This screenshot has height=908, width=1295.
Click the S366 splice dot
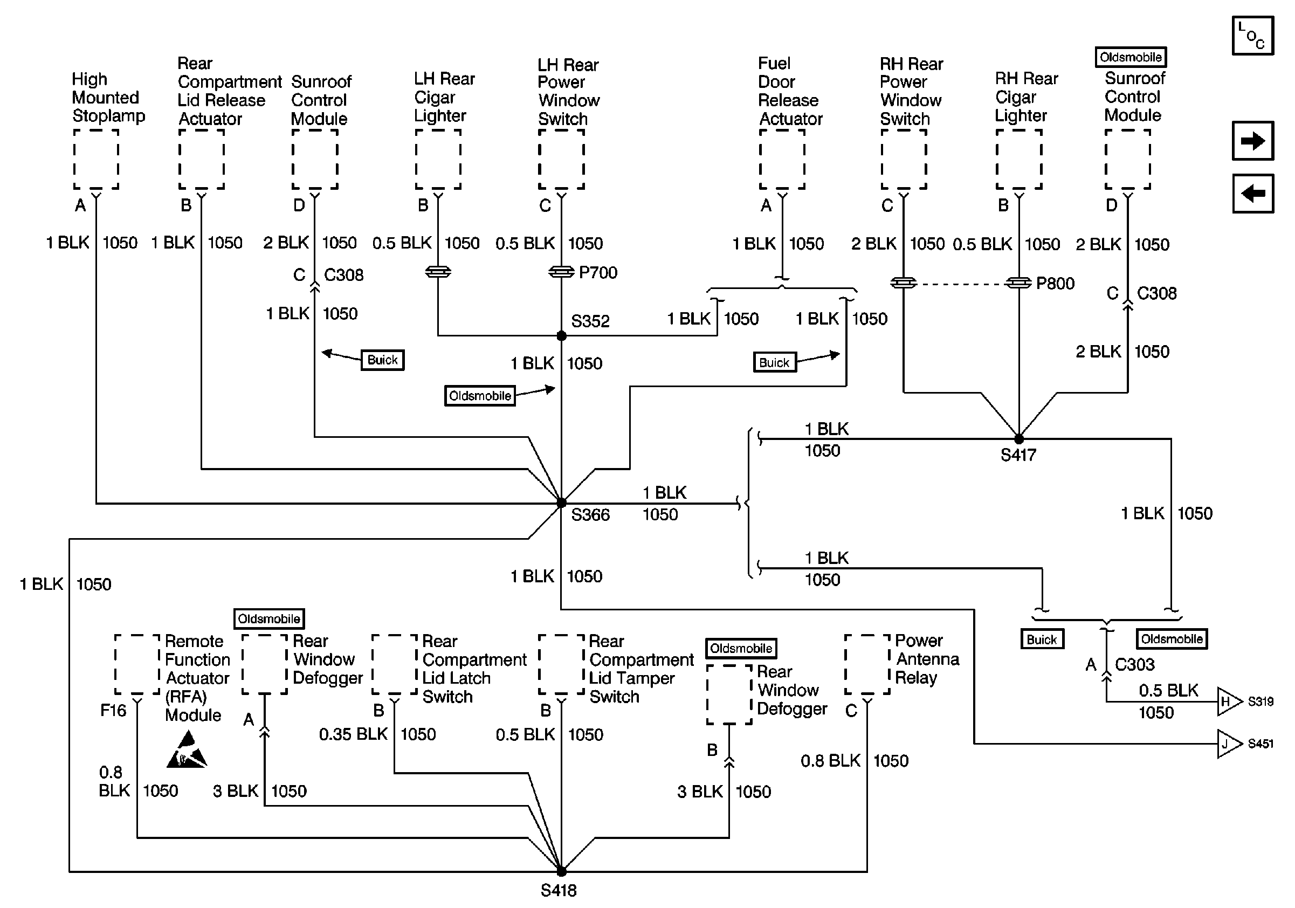561,503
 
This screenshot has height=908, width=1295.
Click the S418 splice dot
561,871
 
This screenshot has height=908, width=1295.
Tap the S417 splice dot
1018,439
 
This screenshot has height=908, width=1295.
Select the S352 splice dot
561,335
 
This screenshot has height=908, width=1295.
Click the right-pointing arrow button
1253,140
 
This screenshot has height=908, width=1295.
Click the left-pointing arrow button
1253,194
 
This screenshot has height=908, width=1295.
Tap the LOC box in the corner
1253,36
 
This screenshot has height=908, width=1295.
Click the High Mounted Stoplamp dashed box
96,159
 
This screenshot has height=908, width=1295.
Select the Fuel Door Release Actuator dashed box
782,159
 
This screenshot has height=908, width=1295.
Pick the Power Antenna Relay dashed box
867,664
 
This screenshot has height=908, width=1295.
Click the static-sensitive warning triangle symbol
187,750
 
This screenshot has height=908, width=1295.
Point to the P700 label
598,272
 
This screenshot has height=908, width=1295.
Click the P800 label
1055,283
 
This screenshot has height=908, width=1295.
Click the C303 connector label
1135,664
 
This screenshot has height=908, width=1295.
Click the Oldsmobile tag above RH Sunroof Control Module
1131,57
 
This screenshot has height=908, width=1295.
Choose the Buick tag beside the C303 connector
1042,639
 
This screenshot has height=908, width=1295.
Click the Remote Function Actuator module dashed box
137,664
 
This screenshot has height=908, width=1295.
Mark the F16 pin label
113,710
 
